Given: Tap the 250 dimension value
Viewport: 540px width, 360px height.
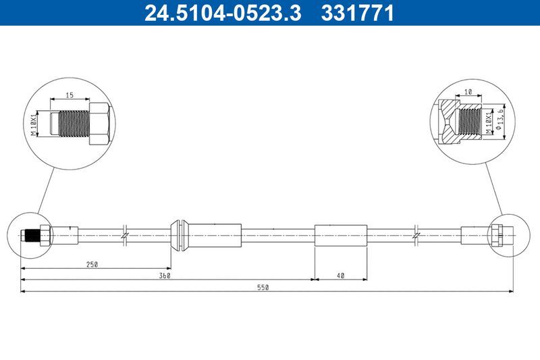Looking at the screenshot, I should point(92,265).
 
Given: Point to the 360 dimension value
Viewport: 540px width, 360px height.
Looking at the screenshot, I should point(164,276).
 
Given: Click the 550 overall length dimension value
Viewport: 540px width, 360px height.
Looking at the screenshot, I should point(263,288).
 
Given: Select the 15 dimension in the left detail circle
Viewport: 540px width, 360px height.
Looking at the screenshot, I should point(69,95).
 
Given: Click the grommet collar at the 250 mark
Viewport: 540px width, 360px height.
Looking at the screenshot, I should point(179,235).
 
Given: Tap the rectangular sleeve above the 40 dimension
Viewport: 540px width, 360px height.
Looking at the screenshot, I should point(341,235).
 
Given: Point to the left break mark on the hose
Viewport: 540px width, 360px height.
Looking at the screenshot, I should point(125,235).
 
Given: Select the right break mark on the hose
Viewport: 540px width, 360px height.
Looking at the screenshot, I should point(417,235).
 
